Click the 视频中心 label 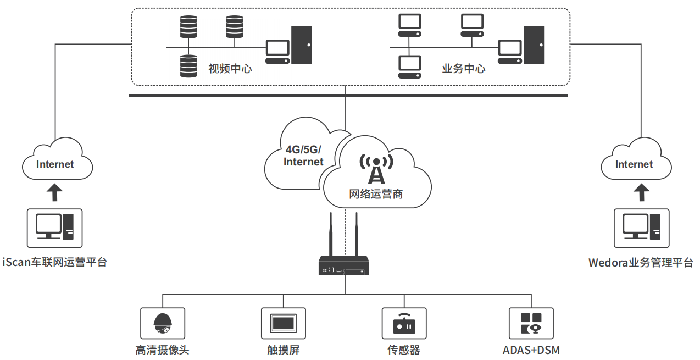230,69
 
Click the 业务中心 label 463,69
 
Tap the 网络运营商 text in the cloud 376,193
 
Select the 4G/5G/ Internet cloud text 303,156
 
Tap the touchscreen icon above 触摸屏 284,323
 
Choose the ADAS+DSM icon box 531,323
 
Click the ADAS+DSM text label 531,350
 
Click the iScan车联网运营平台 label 54,262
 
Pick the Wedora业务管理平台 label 641,262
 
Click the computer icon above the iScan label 54,228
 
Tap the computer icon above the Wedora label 641,228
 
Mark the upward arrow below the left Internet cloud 54,192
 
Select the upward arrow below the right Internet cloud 641,192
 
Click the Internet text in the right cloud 634,164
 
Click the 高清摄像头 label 163,350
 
